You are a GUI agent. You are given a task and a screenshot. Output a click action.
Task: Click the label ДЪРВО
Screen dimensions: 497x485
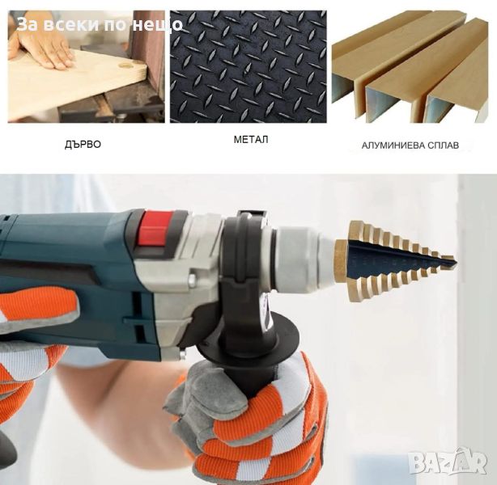tap(83, 145)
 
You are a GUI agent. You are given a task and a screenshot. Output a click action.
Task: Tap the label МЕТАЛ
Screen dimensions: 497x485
tap(251, 140)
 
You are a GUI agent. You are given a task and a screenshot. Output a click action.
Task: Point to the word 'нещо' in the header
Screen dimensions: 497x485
tap(157, 25)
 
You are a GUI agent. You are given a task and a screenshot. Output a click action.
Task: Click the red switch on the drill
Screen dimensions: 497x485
tap(155, 229)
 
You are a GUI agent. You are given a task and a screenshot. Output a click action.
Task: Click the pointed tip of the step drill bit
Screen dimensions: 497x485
tap(456, 262)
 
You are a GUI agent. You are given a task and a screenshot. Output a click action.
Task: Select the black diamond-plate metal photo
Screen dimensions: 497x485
tap(248, 66)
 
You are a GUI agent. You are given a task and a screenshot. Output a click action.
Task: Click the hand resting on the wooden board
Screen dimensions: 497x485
tap(40, 48)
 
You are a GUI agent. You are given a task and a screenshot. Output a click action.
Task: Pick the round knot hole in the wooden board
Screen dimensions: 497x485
tap(125, 65)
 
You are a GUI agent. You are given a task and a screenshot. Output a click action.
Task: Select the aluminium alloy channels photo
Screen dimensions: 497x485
tap(410, 66)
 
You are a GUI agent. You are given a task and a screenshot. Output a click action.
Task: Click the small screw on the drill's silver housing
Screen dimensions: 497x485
tap(192, 279)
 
